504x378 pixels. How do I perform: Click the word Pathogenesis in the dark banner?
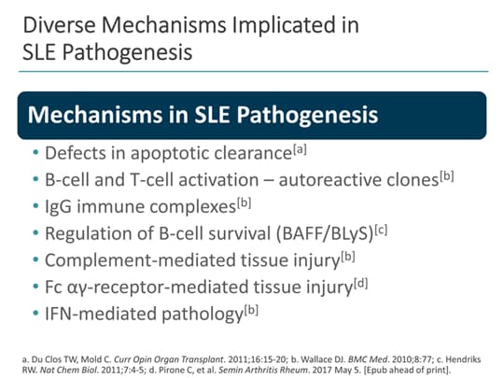point(310,115)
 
